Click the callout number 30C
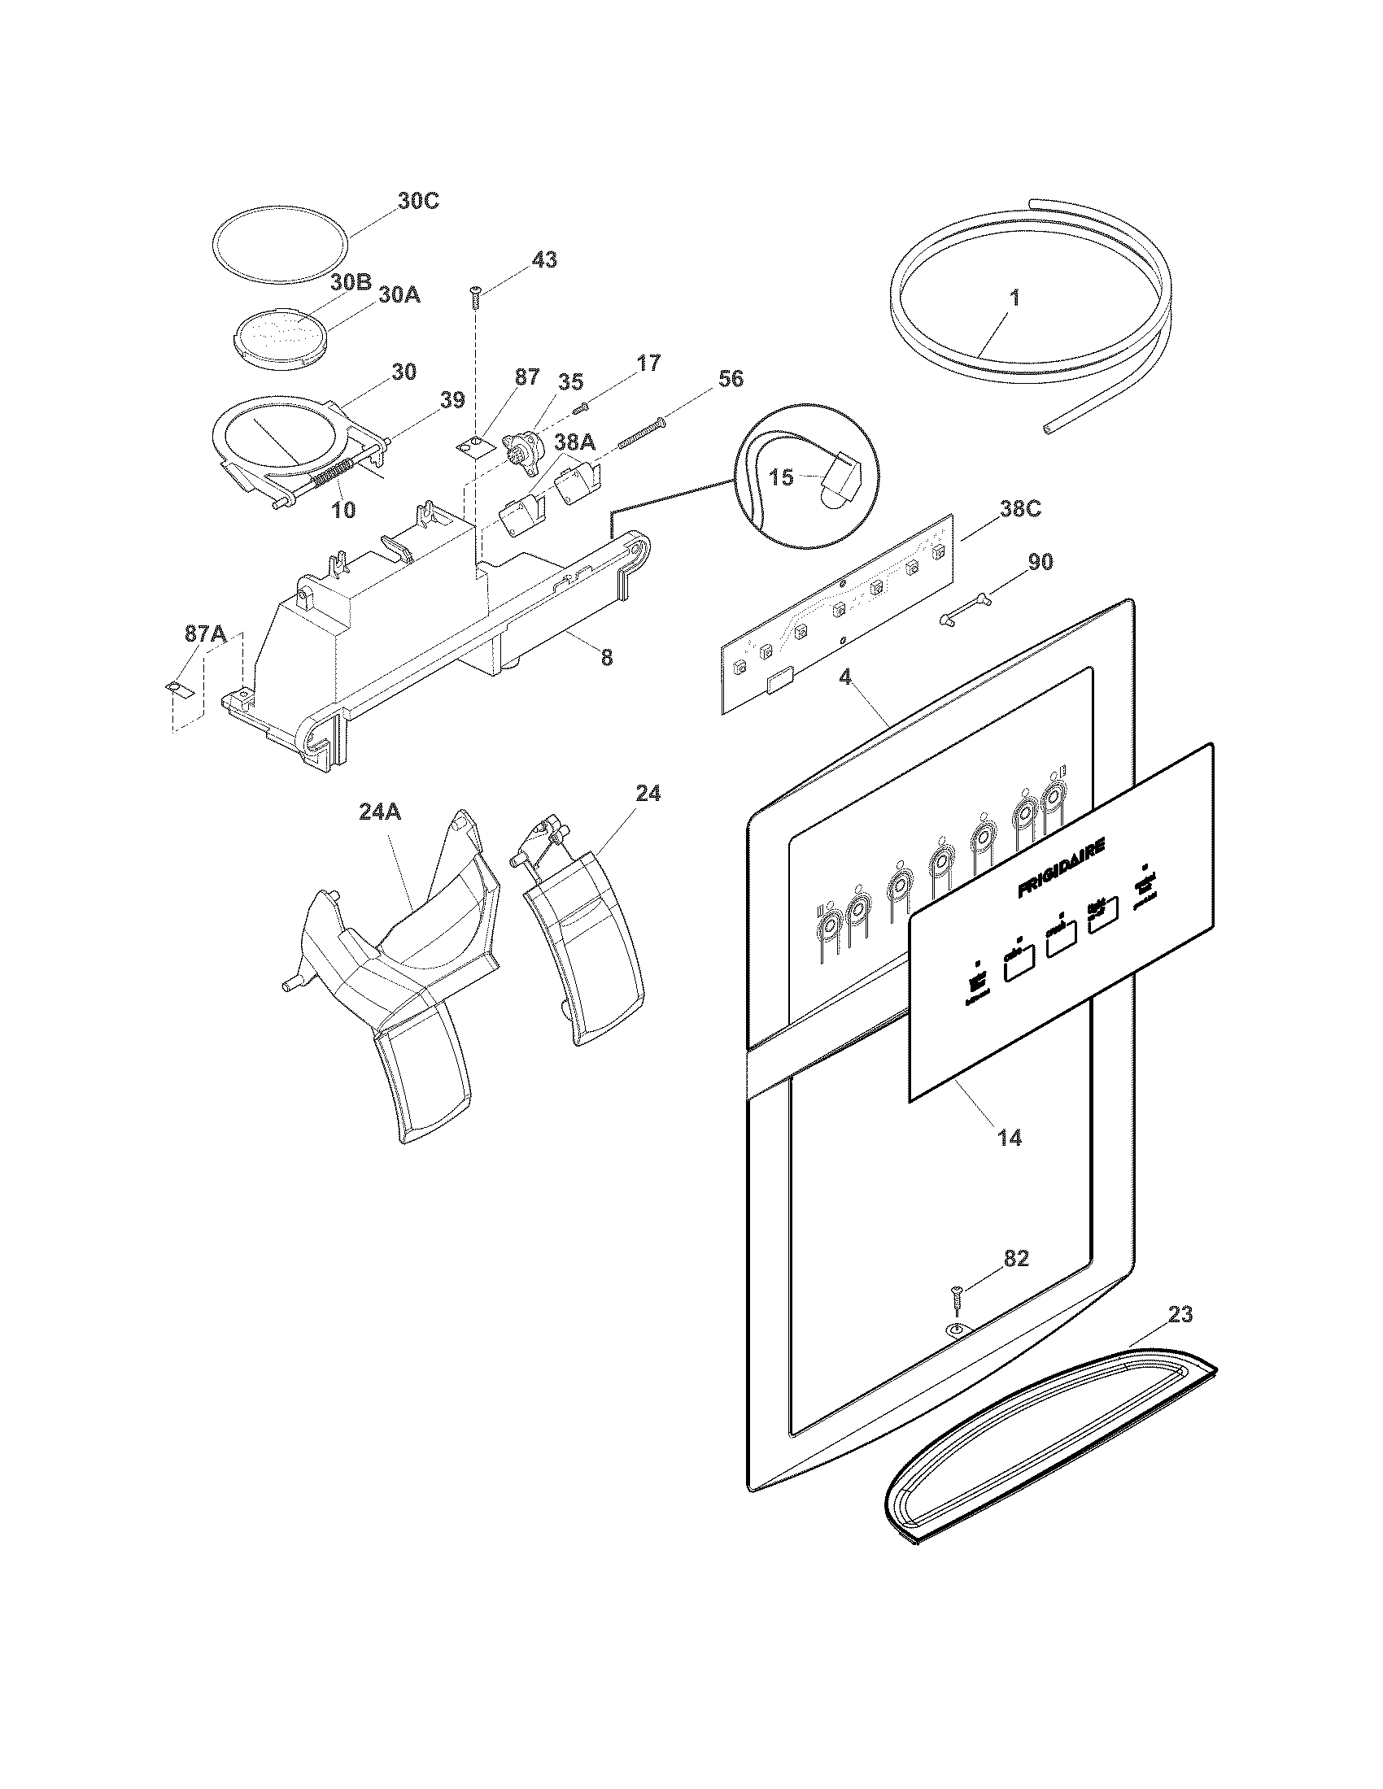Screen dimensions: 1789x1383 [x=418, y=201]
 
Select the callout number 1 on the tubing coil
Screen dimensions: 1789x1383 [x=1014, y=298]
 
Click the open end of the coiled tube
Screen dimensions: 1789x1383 [x=1049, y=428]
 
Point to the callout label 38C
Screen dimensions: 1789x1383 [x=1020, y=509]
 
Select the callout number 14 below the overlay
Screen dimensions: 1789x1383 [x=1010, y=1137]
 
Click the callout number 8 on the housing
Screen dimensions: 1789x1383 [x=606, y=657]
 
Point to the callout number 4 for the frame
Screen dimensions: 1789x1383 [x=844, y=677]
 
